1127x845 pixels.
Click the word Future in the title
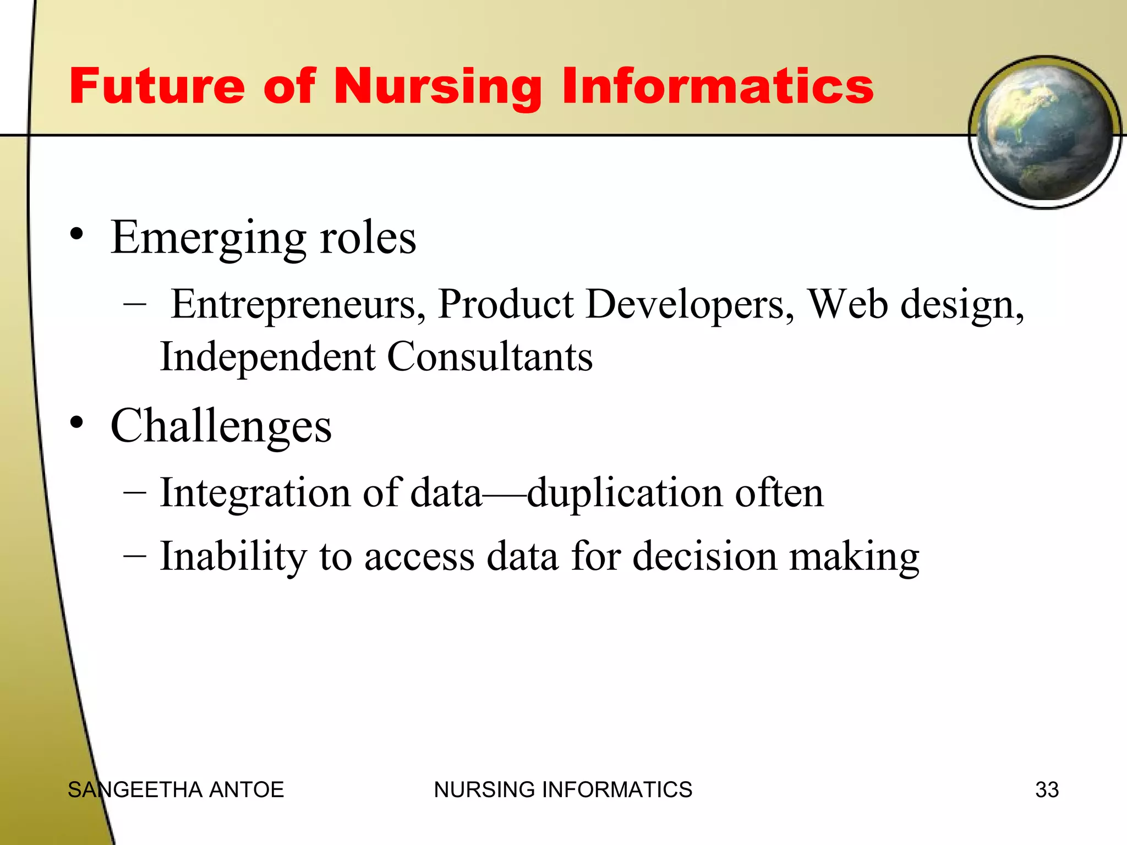pos(157,86)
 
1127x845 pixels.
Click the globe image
pos(1044,132)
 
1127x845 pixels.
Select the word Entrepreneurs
pos(298,305)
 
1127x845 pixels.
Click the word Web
pos(847,304)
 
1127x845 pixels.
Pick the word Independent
pos(267,356)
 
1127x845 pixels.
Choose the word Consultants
pos(490,356)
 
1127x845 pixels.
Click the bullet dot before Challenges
pos(76,423)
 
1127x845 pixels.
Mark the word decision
pos(704,556)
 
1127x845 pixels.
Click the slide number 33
pos(1047,790)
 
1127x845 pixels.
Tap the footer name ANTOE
pos(247,790)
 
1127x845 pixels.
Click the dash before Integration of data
pos(135,492)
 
